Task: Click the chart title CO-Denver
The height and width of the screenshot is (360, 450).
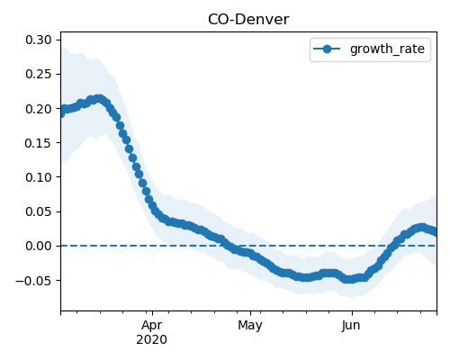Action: [248, 20]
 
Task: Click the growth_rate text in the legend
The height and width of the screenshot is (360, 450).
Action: [387, 49]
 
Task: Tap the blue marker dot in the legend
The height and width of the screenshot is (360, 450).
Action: [327, 49]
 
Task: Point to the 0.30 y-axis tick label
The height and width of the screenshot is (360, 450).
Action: [39, 40]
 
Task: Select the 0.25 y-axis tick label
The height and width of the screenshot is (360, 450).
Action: [39, 74]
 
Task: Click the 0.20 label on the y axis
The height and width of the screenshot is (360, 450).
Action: [39, 109]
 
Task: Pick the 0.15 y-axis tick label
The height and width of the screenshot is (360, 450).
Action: [39, 143]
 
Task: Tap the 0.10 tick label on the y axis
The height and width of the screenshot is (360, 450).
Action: [39, 177]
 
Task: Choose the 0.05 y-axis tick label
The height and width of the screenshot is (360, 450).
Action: [39, 211]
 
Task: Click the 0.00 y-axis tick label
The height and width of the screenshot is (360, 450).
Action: [39, 246]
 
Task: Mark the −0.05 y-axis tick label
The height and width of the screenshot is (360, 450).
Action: [33, 281]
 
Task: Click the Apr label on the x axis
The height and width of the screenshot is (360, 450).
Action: [152, 326]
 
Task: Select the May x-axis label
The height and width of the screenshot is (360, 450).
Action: [250, 326]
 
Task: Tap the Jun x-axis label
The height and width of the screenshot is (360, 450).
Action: [351, 326]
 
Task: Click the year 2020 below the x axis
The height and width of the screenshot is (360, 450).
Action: [151, 340]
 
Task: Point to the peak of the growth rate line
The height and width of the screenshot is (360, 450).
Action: [98, 98]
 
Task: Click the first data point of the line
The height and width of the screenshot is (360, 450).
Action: [61, 113]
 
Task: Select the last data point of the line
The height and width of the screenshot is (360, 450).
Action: [436, 232]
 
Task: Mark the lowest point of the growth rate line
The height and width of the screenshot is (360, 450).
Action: [348, 280]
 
